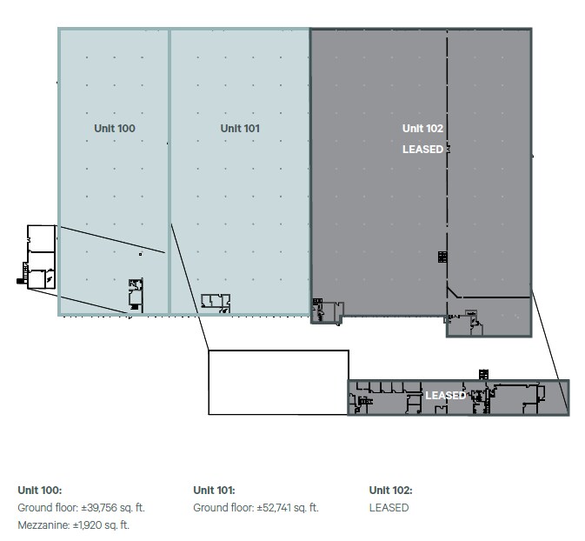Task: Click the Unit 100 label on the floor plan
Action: (x=115, y=129)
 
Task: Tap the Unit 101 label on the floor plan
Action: (x=240, y=129)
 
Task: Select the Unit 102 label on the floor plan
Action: (x=422, y=129)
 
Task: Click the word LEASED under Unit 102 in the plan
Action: (x=422, y=150)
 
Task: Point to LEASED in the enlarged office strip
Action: (x=445, y=396)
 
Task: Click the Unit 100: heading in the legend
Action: (x=40, y=491)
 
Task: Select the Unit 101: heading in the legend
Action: (x=214, y=491)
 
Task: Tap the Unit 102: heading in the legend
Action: (x=390, y=491)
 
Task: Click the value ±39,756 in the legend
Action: (x=99, y=508)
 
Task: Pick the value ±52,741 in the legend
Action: (x=274, y=508)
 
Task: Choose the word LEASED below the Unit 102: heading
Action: (x=389, y=508)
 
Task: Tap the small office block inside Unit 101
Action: (x=216, y=304)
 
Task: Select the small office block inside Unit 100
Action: (x=136, y=295)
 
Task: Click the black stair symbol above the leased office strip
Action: (x=484, y=375)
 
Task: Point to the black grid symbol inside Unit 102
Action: (x=442, y=257)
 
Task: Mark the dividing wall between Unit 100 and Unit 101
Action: (x=170, y=171)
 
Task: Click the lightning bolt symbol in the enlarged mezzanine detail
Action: (x=50, y=278)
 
